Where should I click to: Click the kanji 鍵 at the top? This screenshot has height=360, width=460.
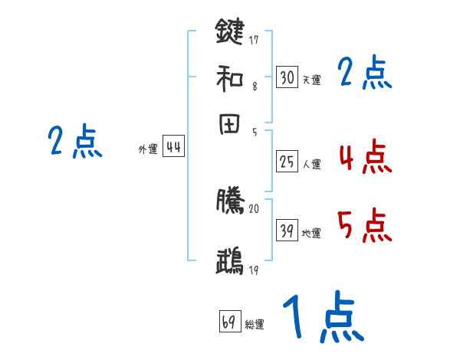click(x=229, y=31)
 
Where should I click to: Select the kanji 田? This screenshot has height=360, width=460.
click(x=229, y=125)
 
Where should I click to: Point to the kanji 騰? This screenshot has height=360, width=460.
click(x=229, y=200)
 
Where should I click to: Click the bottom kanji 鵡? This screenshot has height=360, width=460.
click(x=229, y=261)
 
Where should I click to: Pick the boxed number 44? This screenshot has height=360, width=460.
click(x=174, y=148)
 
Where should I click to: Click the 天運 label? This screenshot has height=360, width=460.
click(x=311, y=80)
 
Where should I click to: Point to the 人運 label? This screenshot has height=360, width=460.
click(x=311, y=163)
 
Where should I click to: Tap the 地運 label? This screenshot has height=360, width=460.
click(x=311, y=234)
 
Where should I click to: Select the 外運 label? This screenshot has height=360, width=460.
click(x=148, y=150)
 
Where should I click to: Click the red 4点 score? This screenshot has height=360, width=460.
click(x=363, y=158)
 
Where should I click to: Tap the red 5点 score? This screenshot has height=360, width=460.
click(x=363, y=227)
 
